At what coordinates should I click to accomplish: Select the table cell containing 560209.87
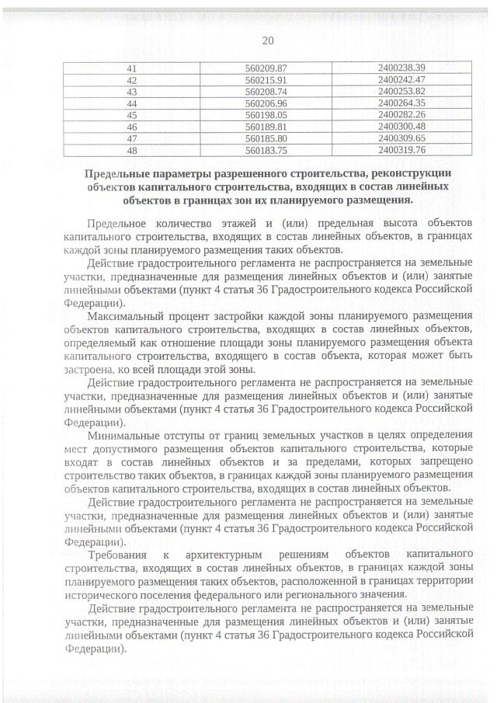[x=266, y=68]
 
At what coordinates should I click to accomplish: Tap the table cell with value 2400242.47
[x=401, y=80]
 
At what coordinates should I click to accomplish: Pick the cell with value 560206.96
[x=266, y=103]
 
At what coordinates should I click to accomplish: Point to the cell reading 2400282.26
[x=401, y=115]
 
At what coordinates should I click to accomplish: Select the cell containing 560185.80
[x=266, y=138]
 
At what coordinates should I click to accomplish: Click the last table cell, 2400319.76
[x=401, y=150]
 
